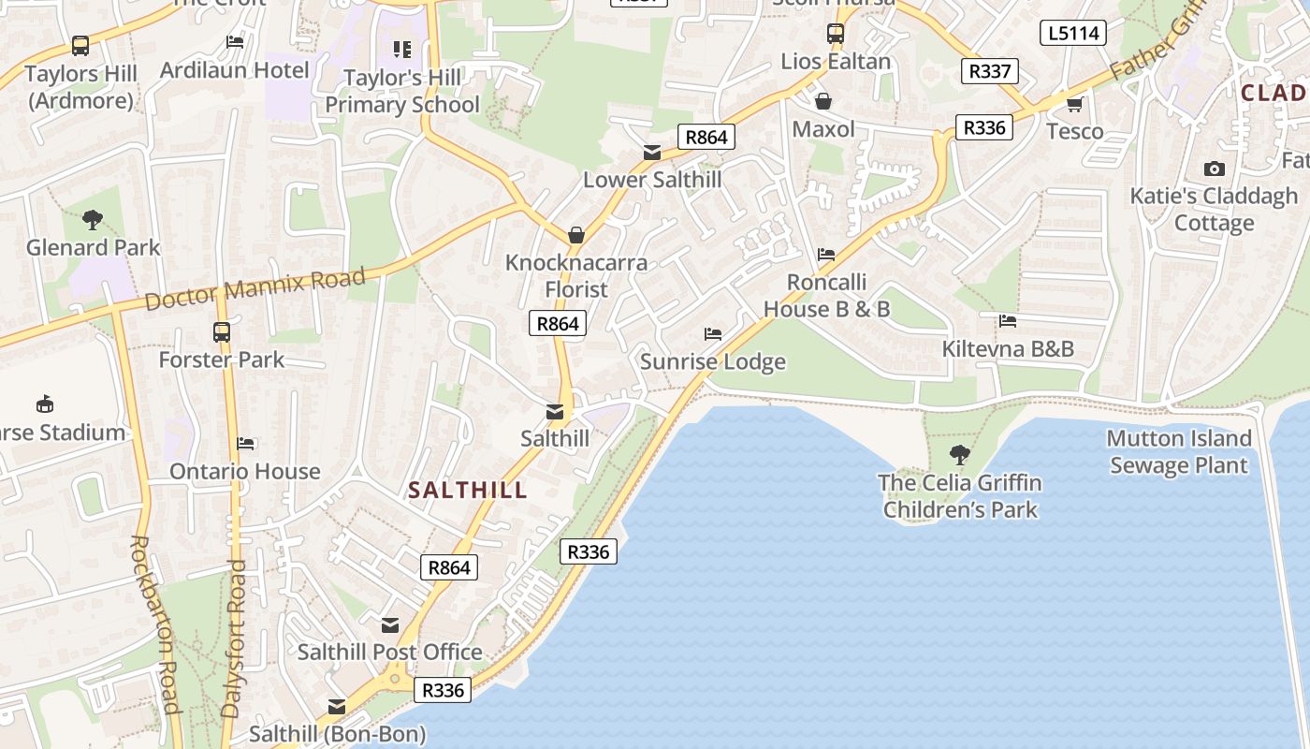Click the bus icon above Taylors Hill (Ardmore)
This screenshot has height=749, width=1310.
80,45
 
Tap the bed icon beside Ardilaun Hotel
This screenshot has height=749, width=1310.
235,42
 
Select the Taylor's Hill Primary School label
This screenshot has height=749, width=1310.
402,91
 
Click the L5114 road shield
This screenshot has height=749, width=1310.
1073,34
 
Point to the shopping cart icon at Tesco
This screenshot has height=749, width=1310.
1074,103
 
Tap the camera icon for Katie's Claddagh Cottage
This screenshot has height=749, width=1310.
1215,169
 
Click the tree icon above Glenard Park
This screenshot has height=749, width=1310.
92,220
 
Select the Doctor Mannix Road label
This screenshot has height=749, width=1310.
255,289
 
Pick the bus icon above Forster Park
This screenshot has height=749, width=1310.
222,331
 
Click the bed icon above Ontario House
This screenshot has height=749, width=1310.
245,443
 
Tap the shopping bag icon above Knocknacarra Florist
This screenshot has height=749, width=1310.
576,234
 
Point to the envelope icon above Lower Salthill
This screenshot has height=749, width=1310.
652,152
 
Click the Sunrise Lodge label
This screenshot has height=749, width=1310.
713,361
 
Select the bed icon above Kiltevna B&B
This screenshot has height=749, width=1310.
1008,321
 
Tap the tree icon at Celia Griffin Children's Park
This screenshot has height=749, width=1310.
959,455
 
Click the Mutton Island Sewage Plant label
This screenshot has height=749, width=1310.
1179,451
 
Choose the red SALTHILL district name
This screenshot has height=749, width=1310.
468,490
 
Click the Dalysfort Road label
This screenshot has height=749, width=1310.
234,639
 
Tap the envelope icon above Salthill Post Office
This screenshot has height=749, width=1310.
390,624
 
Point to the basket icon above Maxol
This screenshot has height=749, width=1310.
823,101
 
